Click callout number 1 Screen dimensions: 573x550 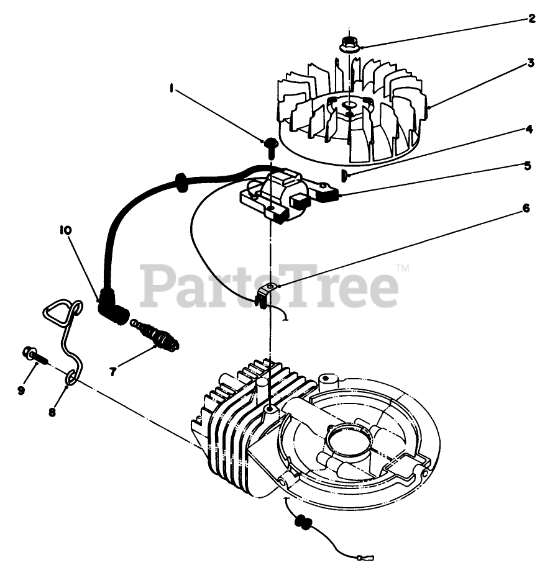pos(170,89)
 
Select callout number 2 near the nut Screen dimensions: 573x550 pos(531,19)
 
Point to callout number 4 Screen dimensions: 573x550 pos(529,130)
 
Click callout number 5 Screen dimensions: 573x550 pos(528,166)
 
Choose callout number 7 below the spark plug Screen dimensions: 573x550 pos(112,372)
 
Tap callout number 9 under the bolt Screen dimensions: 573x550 pos(21,390)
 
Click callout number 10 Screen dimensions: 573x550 pos(65,230)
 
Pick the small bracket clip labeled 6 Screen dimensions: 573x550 pos(266,293)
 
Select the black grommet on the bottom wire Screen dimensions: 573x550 pos(303,522)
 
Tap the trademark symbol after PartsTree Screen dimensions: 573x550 pos(402,269)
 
